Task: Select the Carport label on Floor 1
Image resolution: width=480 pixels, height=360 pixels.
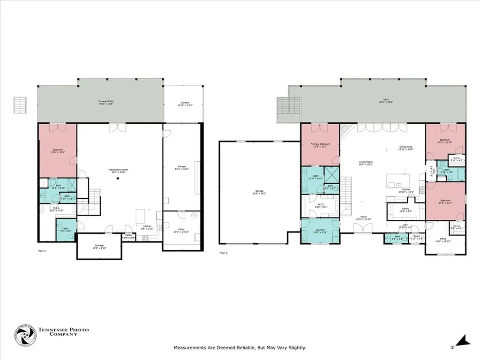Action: pos(185,103)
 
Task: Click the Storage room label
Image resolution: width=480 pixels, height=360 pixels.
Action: pos(99,245)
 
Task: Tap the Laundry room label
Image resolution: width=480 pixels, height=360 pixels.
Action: pos(319,230)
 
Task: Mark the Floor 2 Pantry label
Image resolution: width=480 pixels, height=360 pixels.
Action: pos(405,210)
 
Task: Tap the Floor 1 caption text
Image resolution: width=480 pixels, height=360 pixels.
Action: pos(42,252)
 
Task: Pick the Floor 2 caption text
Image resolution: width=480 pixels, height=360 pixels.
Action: pos(223,253)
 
